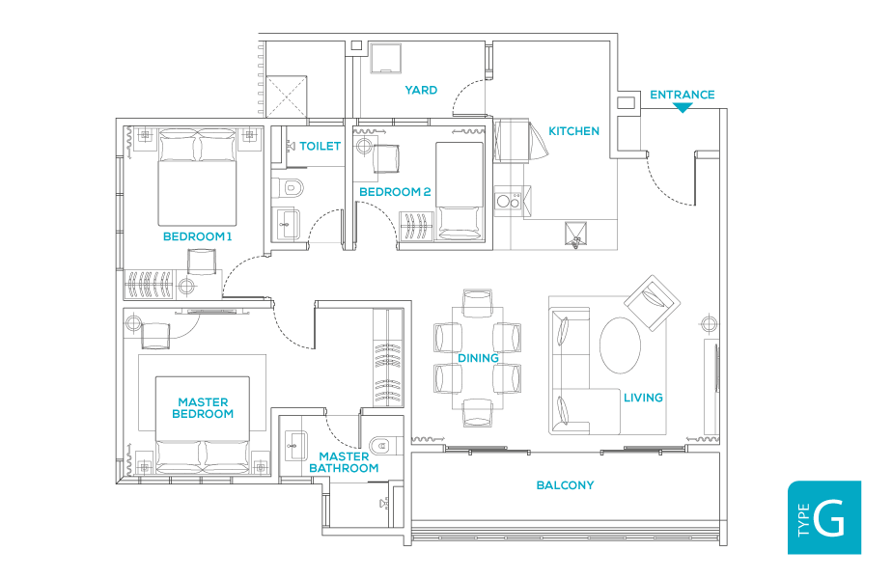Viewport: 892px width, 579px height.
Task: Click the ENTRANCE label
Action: (x=683, y=95)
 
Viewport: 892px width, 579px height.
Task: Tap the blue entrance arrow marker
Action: (x=683, y=108)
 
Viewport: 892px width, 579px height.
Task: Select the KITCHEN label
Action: (x=573, y=131)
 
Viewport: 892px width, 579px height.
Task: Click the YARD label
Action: (x=421, y=90)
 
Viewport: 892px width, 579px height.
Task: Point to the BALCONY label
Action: (x=565, y=485)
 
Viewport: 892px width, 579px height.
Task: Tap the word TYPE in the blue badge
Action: (x=803, y=520)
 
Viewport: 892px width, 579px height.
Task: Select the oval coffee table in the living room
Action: (x=620, y=345)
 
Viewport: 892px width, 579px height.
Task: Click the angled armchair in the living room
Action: (x=652, y=303)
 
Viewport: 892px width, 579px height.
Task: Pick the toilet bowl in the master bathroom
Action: (x=382, y=446)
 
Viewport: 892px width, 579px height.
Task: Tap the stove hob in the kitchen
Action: (x=508, y=200)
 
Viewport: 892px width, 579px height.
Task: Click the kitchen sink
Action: (x=575, y=234)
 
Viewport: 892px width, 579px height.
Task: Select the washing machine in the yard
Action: (x=385, y=59)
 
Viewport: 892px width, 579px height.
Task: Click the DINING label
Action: (x=478, y=358)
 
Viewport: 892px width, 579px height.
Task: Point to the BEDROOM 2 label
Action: (x=395, y=192)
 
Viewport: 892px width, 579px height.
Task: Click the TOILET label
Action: (x=321, y=146)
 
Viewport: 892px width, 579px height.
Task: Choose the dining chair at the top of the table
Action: (x=477, y=303)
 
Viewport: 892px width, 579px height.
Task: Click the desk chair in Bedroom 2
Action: (x=386, y=158)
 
